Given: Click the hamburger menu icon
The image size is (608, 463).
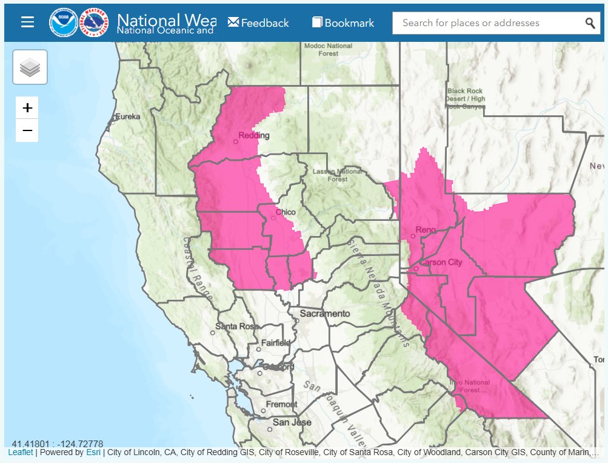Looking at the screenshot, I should (x=27, y=22).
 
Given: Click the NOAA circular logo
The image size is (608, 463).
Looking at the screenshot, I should (x=62, y=22).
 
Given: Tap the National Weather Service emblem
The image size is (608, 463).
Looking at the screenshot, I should (x=95, y=22).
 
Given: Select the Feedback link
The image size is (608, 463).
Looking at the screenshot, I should (x=258, y=23).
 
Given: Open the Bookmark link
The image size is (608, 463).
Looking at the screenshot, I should (x=343, y=23).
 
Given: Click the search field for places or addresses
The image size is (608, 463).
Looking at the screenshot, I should (x=488, y=23).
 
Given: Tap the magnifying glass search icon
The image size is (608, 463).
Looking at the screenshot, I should (x=590, y=23).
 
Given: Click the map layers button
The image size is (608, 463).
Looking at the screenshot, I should (x=30, y=67).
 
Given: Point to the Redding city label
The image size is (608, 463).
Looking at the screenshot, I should (x=253, y=136).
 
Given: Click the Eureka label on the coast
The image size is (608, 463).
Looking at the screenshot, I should (x=127, y=116).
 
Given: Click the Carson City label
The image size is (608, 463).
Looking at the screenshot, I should (x=441, y=263).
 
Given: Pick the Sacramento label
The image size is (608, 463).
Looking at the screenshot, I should (x=324, y=314).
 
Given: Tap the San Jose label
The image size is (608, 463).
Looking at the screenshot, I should (x=292, y=422).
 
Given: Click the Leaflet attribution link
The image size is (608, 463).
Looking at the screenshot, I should (x=21, y=453).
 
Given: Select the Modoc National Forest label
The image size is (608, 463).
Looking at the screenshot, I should (x=328, y=49).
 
